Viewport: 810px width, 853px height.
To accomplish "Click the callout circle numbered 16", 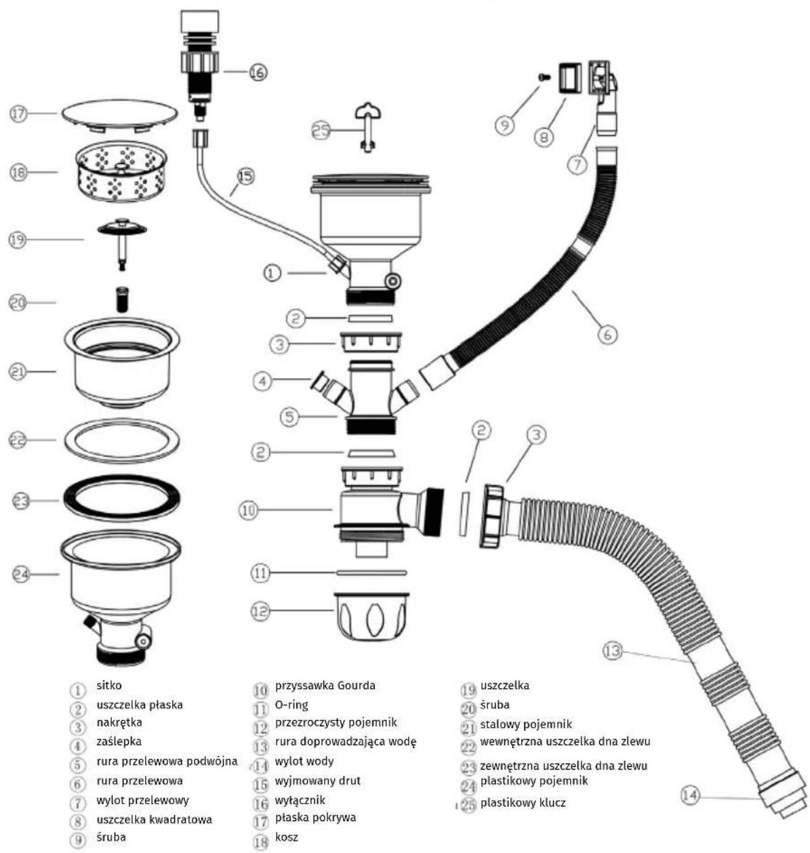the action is point(258,72).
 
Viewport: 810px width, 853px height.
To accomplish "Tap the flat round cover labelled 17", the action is point(119,115).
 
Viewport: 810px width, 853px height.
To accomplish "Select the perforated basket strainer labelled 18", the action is point(121,173).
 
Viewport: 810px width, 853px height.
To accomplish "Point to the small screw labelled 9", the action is point(543,77).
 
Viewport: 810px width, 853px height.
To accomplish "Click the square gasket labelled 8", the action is point(568,77).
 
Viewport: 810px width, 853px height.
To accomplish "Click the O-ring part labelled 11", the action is point(371,573).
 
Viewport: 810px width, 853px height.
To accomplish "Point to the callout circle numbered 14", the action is point(690,795).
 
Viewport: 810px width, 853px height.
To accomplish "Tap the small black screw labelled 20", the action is point(123,299).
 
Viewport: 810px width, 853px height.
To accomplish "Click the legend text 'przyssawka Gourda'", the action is point(325,686).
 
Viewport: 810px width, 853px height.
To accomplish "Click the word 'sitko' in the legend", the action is point(109,686).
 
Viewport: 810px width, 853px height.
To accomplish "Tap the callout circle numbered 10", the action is point(248,511).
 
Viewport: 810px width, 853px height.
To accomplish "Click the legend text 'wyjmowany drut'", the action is point(318,781).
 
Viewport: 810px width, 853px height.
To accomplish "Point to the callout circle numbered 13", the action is point(613,651).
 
